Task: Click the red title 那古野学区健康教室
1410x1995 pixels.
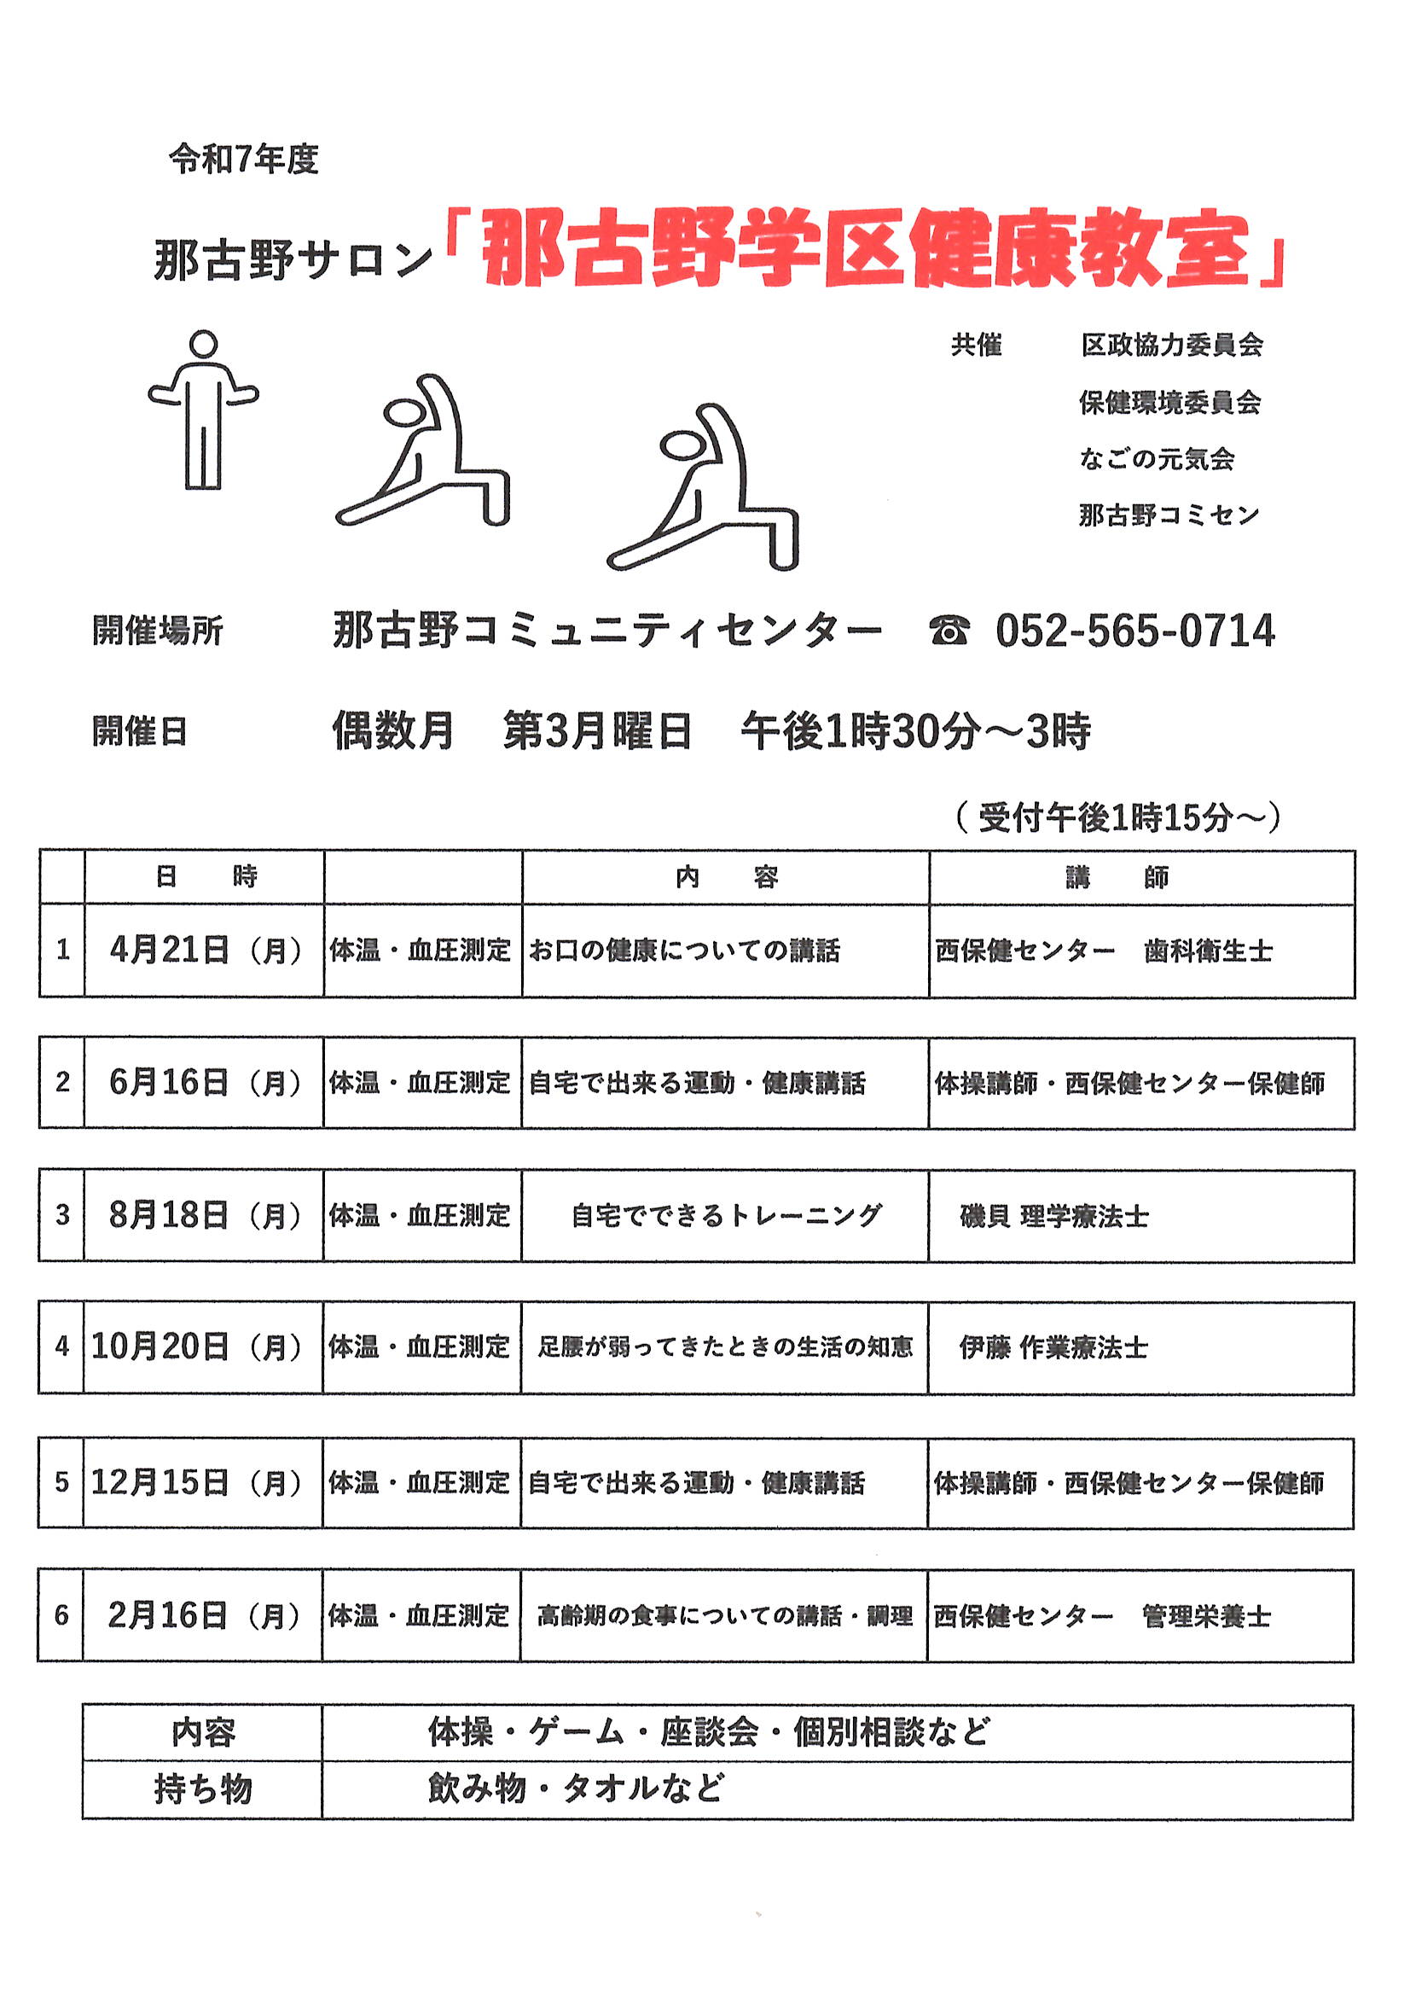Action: (x=865, y=249)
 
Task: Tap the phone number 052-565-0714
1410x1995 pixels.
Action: (x=1134, y=631)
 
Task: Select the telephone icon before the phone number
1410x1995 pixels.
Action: (x=949, y=631)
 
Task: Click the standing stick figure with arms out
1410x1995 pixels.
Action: (x=203, y=410)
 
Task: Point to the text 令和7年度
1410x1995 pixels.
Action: (x=244, y=159)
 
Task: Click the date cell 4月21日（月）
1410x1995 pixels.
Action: (x=205, y=950)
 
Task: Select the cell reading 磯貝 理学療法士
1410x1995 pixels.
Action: (x=1053, y=1216)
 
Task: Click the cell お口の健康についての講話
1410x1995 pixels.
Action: (x=685, y=951)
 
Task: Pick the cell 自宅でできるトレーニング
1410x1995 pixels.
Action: (x=726, y=1215)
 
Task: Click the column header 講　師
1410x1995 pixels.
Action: (x=1117, y=877)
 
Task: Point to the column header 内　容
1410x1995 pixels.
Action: (x=726, y=877)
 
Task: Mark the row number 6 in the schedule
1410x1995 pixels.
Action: (x=61, y=1615)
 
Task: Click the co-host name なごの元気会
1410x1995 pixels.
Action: (x=1157, y=459)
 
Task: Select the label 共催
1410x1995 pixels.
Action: (x=976, y=345)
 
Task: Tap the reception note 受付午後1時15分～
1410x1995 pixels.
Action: (x=1118, y=817)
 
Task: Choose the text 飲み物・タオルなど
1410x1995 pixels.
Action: (x=575, y=1789)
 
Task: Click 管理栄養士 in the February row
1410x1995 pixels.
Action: (x=1207, y=1616)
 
